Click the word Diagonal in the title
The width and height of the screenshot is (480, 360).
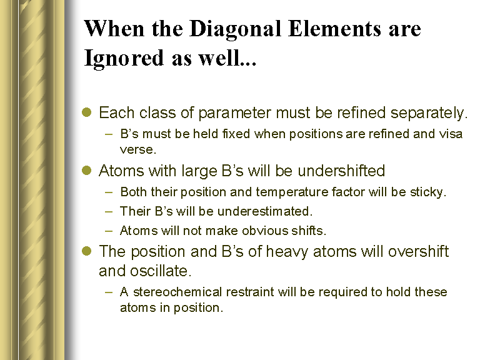[x=235, y=30]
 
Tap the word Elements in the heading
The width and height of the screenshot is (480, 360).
[x=334, y=29]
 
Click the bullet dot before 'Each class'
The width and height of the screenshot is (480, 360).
[x=87, y=112]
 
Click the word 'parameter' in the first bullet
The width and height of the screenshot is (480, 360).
[x=234, y=113]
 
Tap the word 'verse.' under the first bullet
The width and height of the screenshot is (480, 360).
[x=137, y=150]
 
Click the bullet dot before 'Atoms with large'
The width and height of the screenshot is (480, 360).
[x=87, y=170]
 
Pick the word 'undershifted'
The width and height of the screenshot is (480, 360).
[x=341, y=171]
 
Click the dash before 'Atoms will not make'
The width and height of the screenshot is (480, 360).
[x=109, y=231]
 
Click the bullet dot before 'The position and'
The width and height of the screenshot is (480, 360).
[x=87, y=251]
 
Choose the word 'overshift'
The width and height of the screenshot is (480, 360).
[x=418, y=251]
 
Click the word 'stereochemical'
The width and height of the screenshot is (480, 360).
[x=177, y=292]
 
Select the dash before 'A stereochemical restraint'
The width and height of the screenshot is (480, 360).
[x=109, y=292]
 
